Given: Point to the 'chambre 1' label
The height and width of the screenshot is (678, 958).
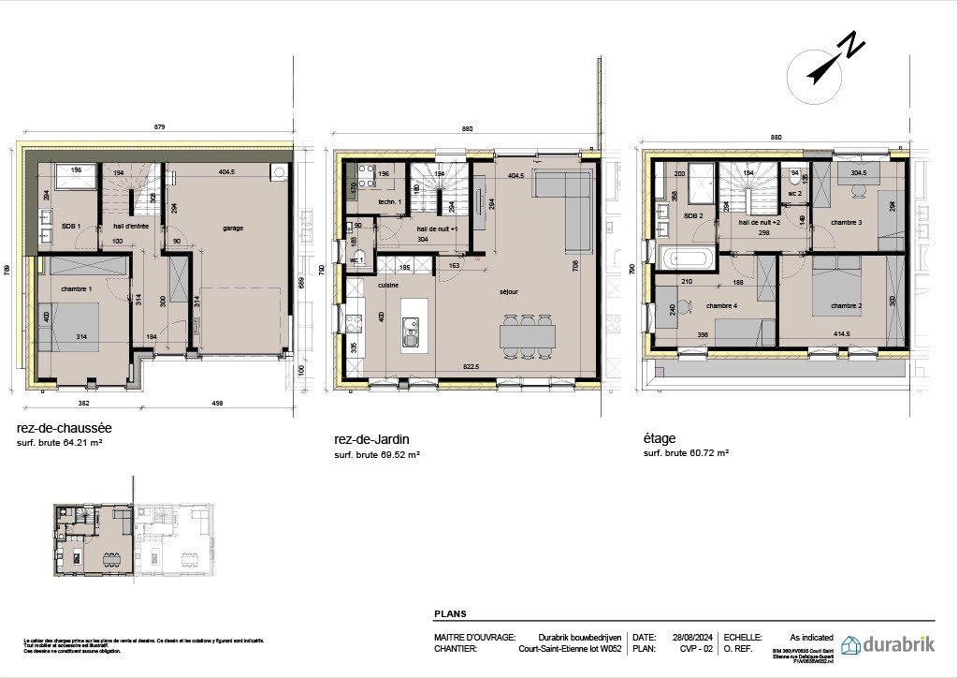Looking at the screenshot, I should pyautogui.click(x=77, y=288).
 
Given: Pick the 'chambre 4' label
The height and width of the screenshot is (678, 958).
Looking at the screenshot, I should pyautogui.click(x=721, y=305).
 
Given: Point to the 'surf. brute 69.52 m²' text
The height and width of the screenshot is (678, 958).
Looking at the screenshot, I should pyautogui.click(x=377, y=454).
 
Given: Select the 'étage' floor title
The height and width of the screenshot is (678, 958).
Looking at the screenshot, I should pyautogui.click(x=660, y=437).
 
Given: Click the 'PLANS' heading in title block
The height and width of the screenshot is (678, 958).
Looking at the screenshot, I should pyautogui.click(x=450, y=614).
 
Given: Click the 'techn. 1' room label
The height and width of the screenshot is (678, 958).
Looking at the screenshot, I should pyautogui.click(x=389, y=201).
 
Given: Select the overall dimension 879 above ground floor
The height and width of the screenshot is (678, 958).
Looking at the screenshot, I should pyautogui.click(x=160, y=128).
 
